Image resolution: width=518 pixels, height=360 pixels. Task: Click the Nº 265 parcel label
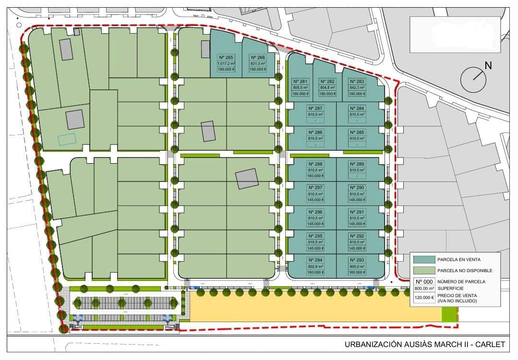(226, 57)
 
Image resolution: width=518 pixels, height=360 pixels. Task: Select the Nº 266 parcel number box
(258, 57)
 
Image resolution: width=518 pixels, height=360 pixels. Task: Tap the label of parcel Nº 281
(300, 82)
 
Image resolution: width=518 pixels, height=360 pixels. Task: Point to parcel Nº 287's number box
(315, 108)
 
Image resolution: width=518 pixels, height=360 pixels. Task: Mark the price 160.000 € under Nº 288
(315, 176)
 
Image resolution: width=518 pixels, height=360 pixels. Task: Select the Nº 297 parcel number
(315, 188)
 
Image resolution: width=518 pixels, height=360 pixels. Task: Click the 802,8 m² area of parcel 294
(315, 266)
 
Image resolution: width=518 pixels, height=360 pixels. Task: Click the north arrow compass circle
(472, 79)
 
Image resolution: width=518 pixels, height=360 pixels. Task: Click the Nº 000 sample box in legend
(424, 282)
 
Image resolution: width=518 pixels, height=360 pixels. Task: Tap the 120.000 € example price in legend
(424, 298)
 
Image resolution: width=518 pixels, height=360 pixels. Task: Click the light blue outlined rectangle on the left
(67, 139)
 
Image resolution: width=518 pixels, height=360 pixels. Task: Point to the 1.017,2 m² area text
(226, 63)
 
